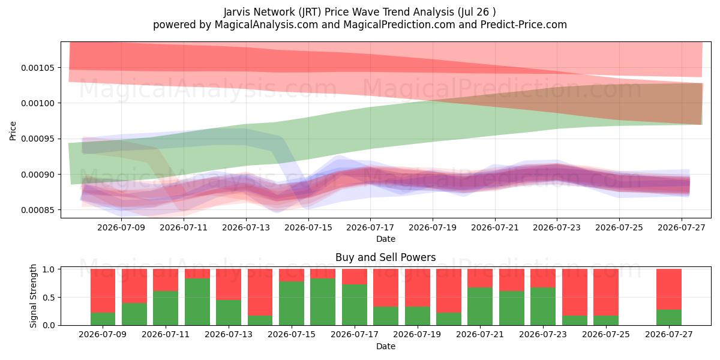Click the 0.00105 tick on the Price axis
point(38,68)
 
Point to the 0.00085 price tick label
point(38,210)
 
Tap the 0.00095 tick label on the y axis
point(38,139)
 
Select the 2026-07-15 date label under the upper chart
point(308,227)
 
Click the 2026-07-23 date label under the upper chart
point(557,227)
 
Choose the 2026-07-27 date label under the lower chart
point(669,334)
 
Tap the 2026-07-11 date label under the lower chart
point(166,334)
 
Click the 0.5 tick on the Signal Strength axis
point(49,298)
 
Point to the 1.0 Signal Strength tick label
point(49,269)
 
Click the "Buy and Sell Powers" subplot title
point(386,257)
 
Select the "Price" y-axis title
point(13,131)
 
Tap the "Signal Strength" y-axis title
point(33,296)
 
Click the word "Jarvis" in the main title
point(237,12)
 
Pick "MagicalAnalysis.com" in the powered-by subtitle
point(266,25)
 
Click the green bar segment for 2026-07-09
point(103,319)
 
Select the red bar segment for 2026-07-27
point(669,289)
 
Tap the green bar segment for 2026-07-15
point(292,304)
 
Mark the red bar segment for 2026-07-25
point(606,292)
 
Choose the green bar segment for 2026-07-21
point(480,307)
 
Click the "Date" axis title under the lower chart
point(386,346)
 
